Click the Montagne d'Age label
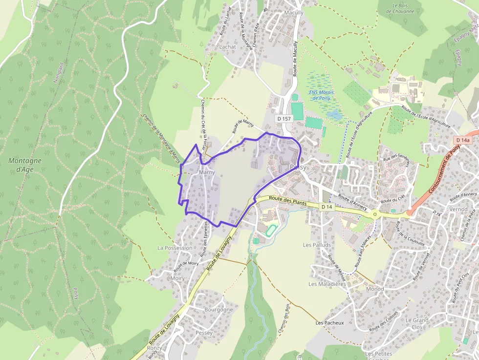tap(25, 165)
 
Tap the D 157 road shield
tap(283, 119)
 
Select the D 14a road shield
tap(462, 140)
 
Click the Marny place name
tap(207, 172)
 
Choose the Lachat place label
tap(228, 47)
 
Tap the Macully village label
tap(294, 13)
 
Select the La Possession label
tap(175, 248)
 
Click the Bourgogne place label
tap(218, 310)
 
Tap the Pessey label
tap(204, 333)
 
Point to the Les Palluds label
tap(317, 245)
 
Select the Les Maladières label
tap(327, 284)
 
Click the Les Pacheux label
tap(330, 323)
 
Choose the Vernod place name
tap(458, 209)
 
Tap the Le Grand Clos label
tap(416, 323)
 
